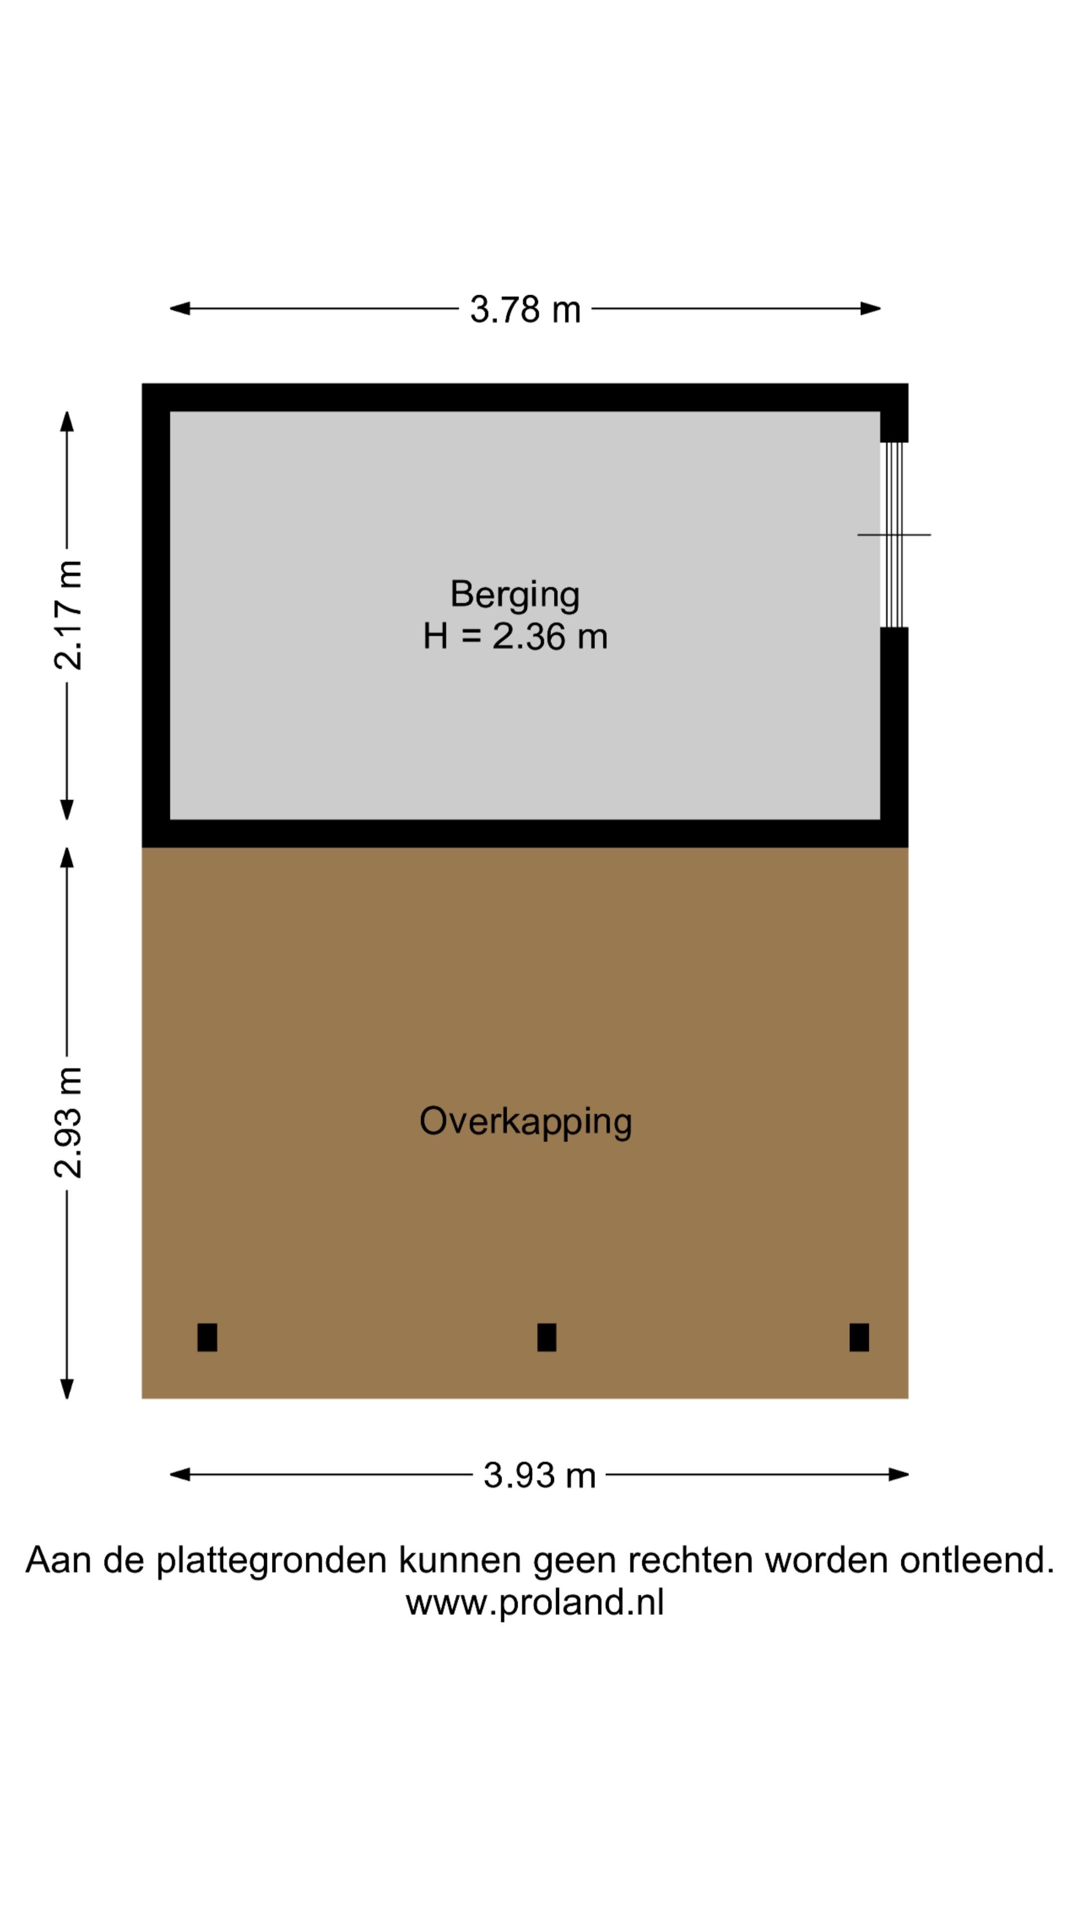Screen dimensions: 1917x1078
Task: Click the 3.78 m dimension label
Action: click(525, 310)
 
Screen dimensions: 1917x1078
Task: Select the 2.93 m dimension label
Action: click(68, 1123)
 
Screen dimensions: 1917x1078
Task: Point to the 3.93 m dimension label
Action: click(539, 1475)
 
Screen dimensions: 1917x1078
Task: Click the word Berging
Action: click(515, 595)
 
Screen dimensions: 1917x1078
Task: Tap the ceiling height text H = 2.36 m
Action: click(515, 637)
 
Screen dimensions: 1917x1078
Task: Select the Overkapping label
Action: click(525, 1121)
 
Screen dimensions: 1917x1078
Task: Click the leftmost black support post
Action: click(207, 1337)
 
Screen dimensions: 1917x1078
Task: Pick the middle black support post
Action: click(546, 1337)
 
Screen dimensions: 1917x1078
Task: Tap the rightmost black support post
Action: click(858, 1337)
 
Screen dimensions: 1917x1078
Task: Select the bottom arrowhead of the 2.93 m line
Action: click(67, 1389)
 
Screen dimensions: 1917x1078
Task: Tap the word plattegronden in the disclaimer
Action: click(271, 1561)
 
